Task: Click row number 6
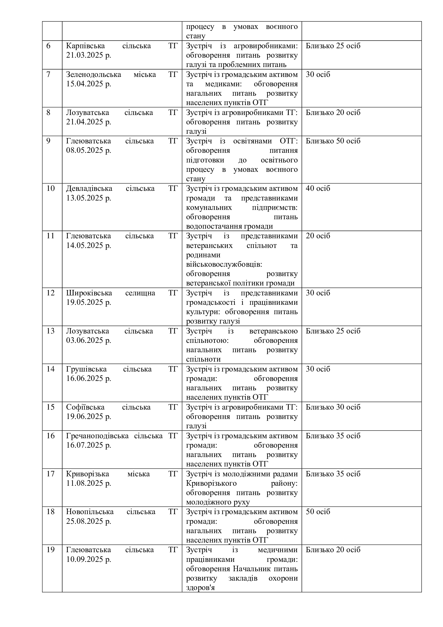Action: point(48,46)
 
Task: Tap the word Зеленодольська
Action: point(93,74)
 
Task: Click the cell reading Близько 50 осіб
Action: point(333,141)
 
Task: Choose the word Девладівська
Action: point(89,188)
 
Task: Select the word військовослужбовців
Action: point(224,264)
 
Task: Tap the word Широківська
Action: point(89,293)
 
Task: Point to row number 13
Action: point(50,331)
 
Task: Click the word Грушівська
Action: point(86,369)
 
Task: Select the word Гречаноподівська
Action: point(97,436)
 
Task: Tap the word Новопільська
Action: point(90,512)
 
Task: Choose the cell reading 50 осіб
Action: point(318,512)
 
